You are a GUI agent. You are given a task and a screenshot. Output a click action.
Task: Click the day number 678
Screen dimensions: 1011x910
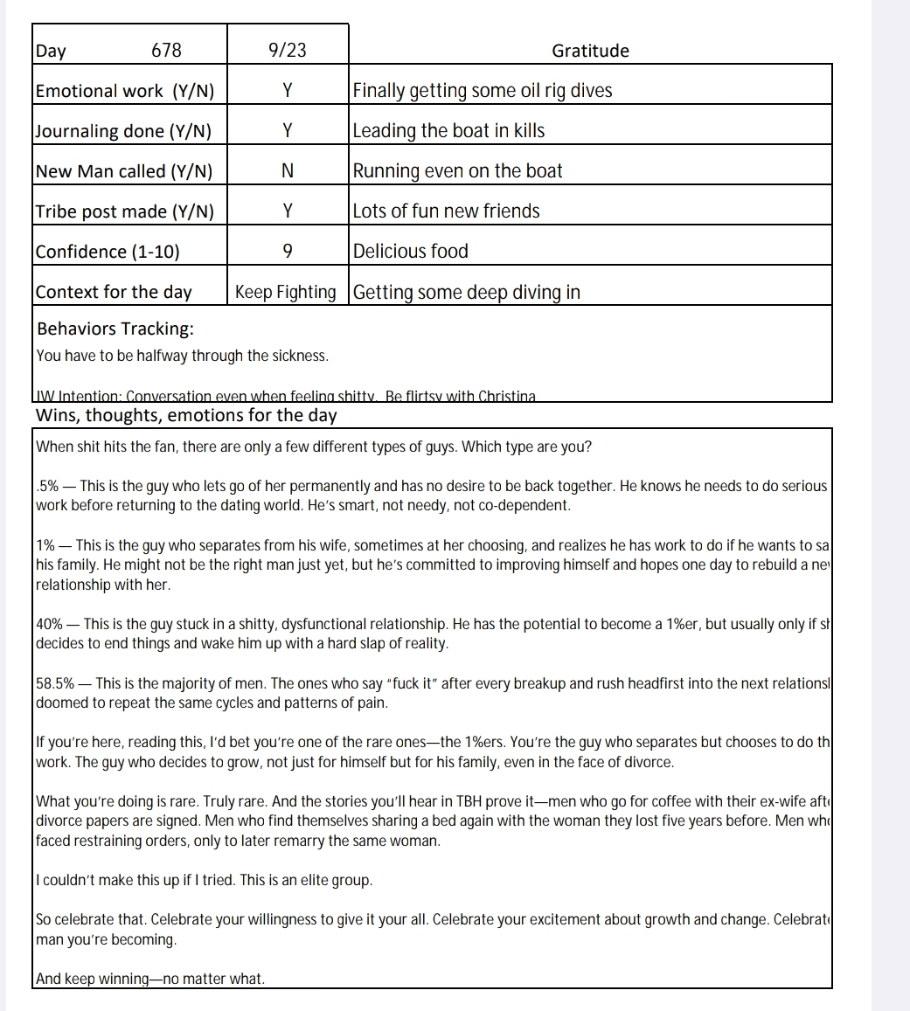point(166,51)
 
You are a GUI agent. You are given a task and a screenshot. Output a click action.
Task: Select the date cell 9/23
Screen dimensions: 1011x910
point(288,51)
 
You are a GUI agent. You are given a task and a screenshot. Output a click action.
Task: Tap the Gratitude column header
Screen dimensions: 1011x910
point(590,51)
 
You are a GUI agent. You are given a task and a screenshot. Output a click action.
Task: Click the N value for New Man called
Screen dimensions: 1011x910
point(288,171)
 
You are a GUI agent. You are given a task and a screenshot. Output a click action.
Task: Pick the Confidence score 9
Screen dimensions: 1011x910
point(288,252)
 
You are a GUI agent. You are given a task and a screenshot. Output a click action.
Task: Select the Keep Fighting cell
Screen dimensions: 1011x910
point(286,292)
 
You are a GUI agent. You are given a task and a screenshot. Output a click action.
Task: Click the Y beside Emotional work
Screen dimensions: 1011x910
point(288,91)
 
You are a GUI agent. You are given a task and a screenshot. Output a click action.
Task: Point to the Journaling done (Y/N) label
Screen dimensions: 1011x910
point(123,131)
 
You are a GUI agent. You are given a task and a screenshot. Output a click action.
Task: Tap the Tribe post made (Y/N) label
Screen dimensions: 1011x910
point(125,211)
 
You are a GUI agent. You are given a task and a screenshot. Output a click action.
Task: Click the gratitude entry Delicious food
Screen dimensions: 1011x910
point(411,252)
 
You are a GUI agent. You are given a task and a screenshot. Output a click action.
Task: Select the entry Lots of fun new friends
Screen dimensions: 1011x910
point(447,211)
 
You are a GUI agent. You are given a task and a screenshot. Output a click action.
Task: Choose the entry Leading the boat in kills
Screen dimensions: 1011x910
point(448,131)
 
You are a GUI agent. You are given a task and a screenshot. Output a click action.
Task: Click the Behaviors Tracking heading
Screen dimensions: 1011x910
point(115,329)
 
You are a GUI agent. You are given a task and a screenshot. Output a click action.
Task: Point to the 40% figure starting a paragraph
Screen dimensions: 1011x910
point(49,624)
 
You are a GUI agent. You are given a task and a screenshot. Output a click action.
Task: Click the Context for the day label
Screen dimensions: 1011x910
point(114,292)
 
